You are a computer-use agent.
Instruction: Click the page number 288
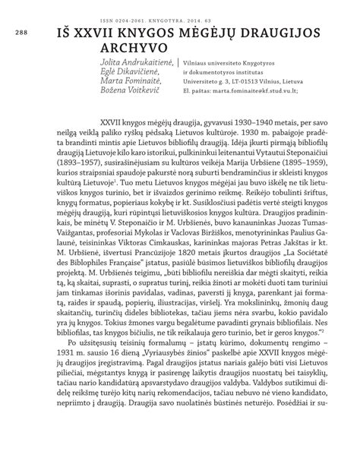tap(16, 34)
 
